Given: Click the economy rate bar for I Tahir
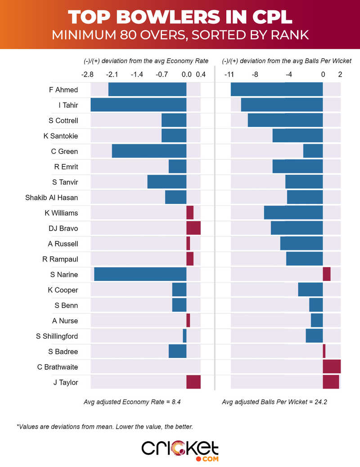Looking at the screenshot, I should tap(139, 105).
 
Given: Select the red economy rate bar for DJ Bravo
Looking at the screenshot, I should tap(193, 228).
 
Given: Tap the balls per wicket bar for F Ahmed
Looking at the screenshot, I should tap(277, 90).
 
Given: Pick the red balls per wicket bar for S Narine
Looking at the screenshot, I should tap(327, 274).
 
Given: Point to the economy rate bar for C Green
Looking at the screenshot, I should tap(149, 151).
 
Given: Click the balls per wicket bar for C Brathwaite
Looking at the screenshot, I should tap(332, 367).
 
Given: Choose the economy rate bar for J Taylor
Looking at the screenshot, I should tap(193, 382).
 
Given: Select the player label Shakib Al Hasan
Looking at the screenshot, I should tap(51, 197).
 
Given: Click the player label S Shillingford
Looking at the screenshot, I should tap(57, 336).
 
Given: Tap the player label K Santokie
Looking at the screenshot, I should tap(61, 136).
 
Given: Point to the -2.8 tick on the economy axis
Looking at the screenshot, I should tap(87, 74).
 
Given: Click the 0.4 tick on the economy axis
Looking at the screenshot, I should tap(201, 74).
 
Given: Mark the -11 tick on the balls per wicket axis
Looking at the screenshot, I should tap(229, 74).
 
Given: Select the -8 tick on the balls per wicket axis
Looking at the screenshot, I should tap(255, 74).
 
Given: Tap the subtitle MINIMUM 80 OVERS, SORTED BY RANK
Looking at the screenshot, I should tap(180, 35).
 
